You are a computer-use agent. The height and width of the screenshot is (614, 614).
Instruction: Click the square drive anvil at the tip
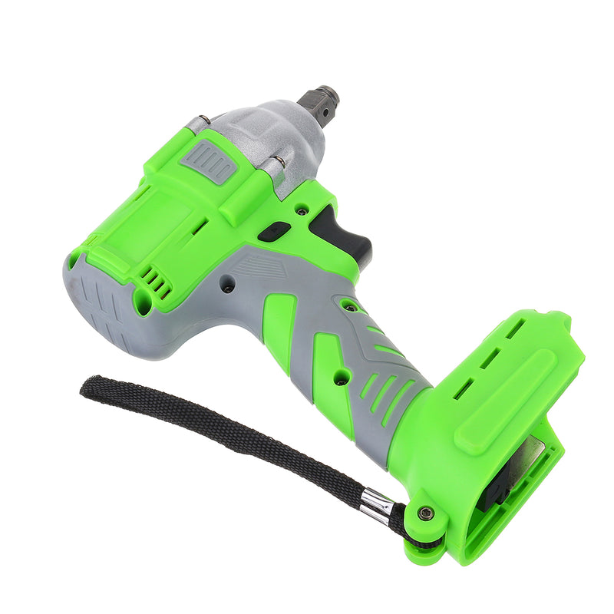point(320,99)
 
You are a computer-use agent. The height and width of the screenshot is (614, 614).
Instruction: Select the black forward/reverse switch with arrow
point(274,231)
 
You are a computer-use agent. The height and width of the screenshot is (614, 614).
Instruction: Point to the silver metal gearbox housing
point(265,138)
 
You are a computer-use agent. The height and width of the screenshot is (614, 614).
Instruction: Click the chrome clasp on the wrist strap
point(378,505)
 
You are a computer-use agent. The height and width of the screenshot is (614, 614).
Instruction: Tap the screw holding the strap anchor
point(425,513)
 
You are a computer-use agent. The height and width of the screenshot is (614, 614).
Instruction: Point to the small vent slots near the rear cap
point(158,284)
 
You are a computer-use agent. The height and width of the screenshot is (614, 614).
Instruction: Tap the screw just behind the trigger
point(303,209)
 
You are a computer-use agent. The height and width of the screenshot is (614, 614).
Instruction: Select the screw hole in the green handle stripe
point(338,376)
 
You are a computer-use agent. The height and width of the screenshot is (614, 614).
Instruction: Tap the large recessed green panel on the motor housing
point(146,230)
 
